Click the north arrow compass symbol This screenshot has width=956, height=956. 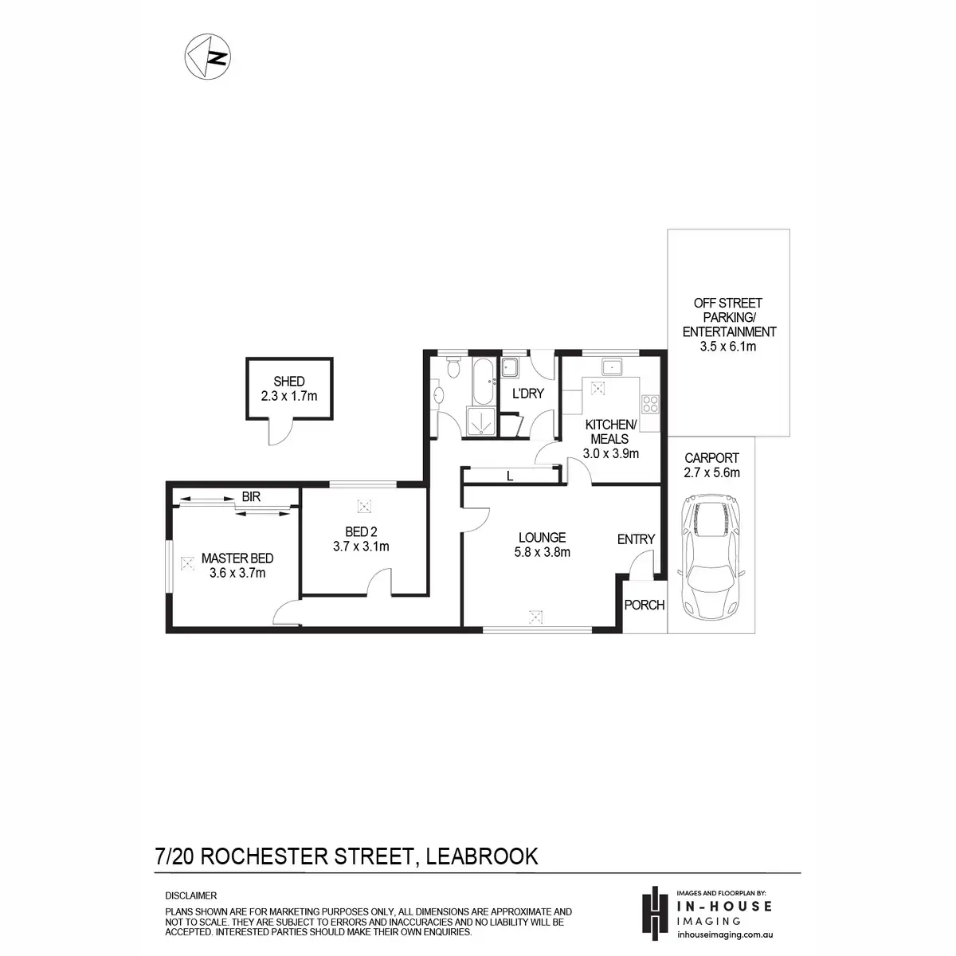208,56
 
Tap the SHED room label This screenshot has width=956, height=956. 288,382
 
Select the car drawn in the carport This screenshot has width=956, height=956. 711,555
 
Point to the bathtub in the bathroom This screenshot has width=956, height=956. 483,381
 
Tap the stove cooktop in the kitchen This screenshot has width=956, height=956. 650,404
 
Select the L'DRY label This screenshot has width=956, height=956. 528,394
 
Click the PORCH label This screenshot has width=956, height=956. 644,605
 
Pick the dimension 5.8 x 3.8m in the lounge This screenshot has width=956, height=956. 542,551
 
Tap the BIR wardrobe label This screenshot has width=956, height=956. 251,496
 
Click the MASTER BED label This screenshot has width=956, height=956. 237,558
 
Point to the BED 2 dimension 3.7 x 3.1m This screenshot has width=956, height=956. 361,547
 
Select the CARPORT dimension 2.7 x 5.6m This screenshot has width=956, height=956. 711,472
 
